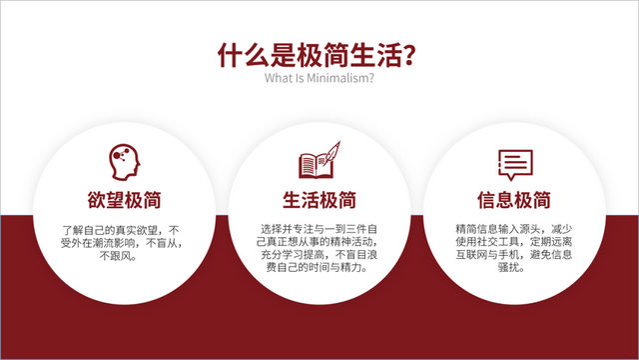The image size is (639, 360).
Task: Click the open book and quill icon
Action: [x=319, y=161]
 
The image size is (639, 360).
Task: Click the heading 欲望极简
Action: [x=124, y=198]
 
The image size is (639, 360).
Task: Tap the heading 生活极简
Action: [x=319, y=198]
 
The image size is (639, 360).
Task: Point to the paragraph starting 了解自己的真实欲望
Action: [x=124, y=241]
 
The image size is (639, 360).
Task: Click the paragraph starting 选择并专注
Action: [x=319, y=248]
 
